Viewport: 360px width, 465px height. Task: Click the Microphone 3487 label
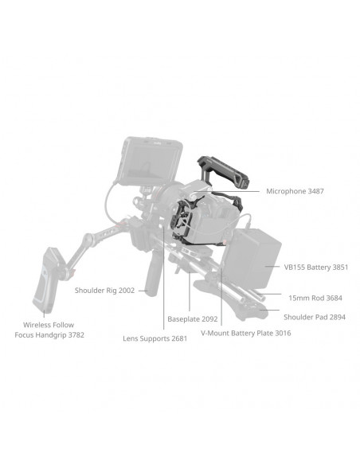click(x=295, y=191)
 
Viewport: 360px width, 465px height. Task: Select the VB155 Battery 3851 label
click(x=316, y=268)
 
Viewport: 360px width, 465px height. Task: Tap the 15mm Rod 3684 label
click(x=315, y=298)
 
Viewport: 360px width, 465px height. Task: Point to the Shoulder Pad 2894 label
click(x=315, y=317)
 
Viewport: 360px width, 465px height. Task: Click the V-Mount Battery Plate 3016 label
click(x=246, y=333)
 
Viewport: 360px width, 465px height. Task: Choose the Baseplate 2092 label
click(x=193, y=319)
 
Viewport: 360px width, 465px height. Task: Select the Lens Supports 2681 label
click(x=155, y=338)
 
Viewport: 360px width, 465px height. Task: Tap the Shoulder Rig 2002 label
click(x=104, y=291)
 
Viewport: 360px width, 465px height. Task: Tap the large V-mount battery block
click(x=252, y=259)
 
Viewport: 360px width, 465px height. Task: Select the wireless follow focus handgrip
click(x=48, y=279)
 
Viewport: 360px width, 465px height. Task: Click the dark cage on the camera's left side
click(x=182, y=221)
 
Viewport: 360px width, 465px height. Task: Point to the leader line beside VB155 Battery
click(x=272, y=266)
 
